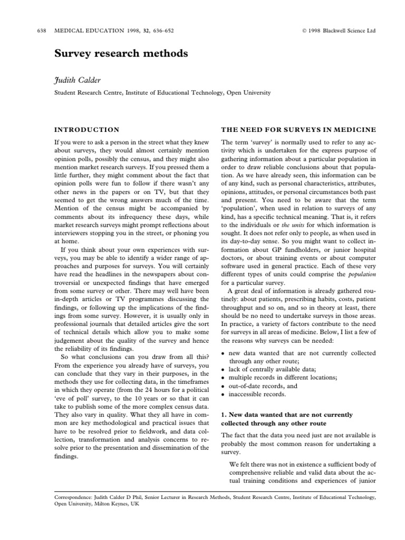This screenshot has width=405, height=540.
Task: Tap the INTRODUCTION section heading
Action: pyautogui.click(x=87, y=130)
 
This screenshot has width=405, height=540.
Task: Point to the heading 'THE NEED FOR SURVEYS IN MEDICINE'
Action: pyautogui.click(x=298, y=130)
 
